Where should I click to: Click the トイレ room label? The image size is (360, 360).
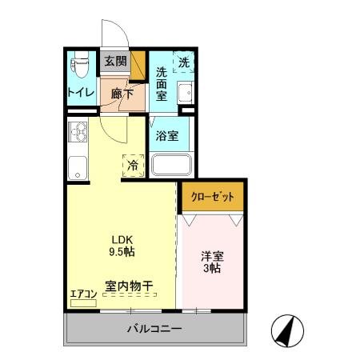pyautogui.click(x=82, y=92)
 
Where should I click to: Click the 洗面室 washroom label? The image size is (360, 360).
pyautogui.click(x=162, y=82)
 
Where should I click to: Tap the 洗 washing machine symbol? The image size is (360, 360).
pyautogui.click(x=184, y=62)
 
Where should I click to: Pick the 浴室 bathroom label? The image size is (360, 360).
pyautogui.click(x=167, y=135)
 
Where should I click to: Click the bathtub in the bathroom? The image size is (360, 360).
pyautogui.click(x=171, y=165)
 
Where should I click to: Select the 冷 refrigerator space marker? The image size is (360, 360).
pyautogui.click(x=133, y=166)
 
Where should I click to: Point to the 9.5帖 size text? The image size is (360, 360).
pyautogui.click(x=122, y=250)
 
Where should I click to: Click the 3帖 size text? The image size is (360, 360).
pyautogui.click(x=211, y=270)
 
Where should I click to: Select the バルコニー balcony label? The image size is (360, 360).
pyautogui.click(x=154, y=329)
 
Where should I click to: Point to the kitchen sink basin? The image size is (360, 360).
pyautogui.click(x=78, y=167)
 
